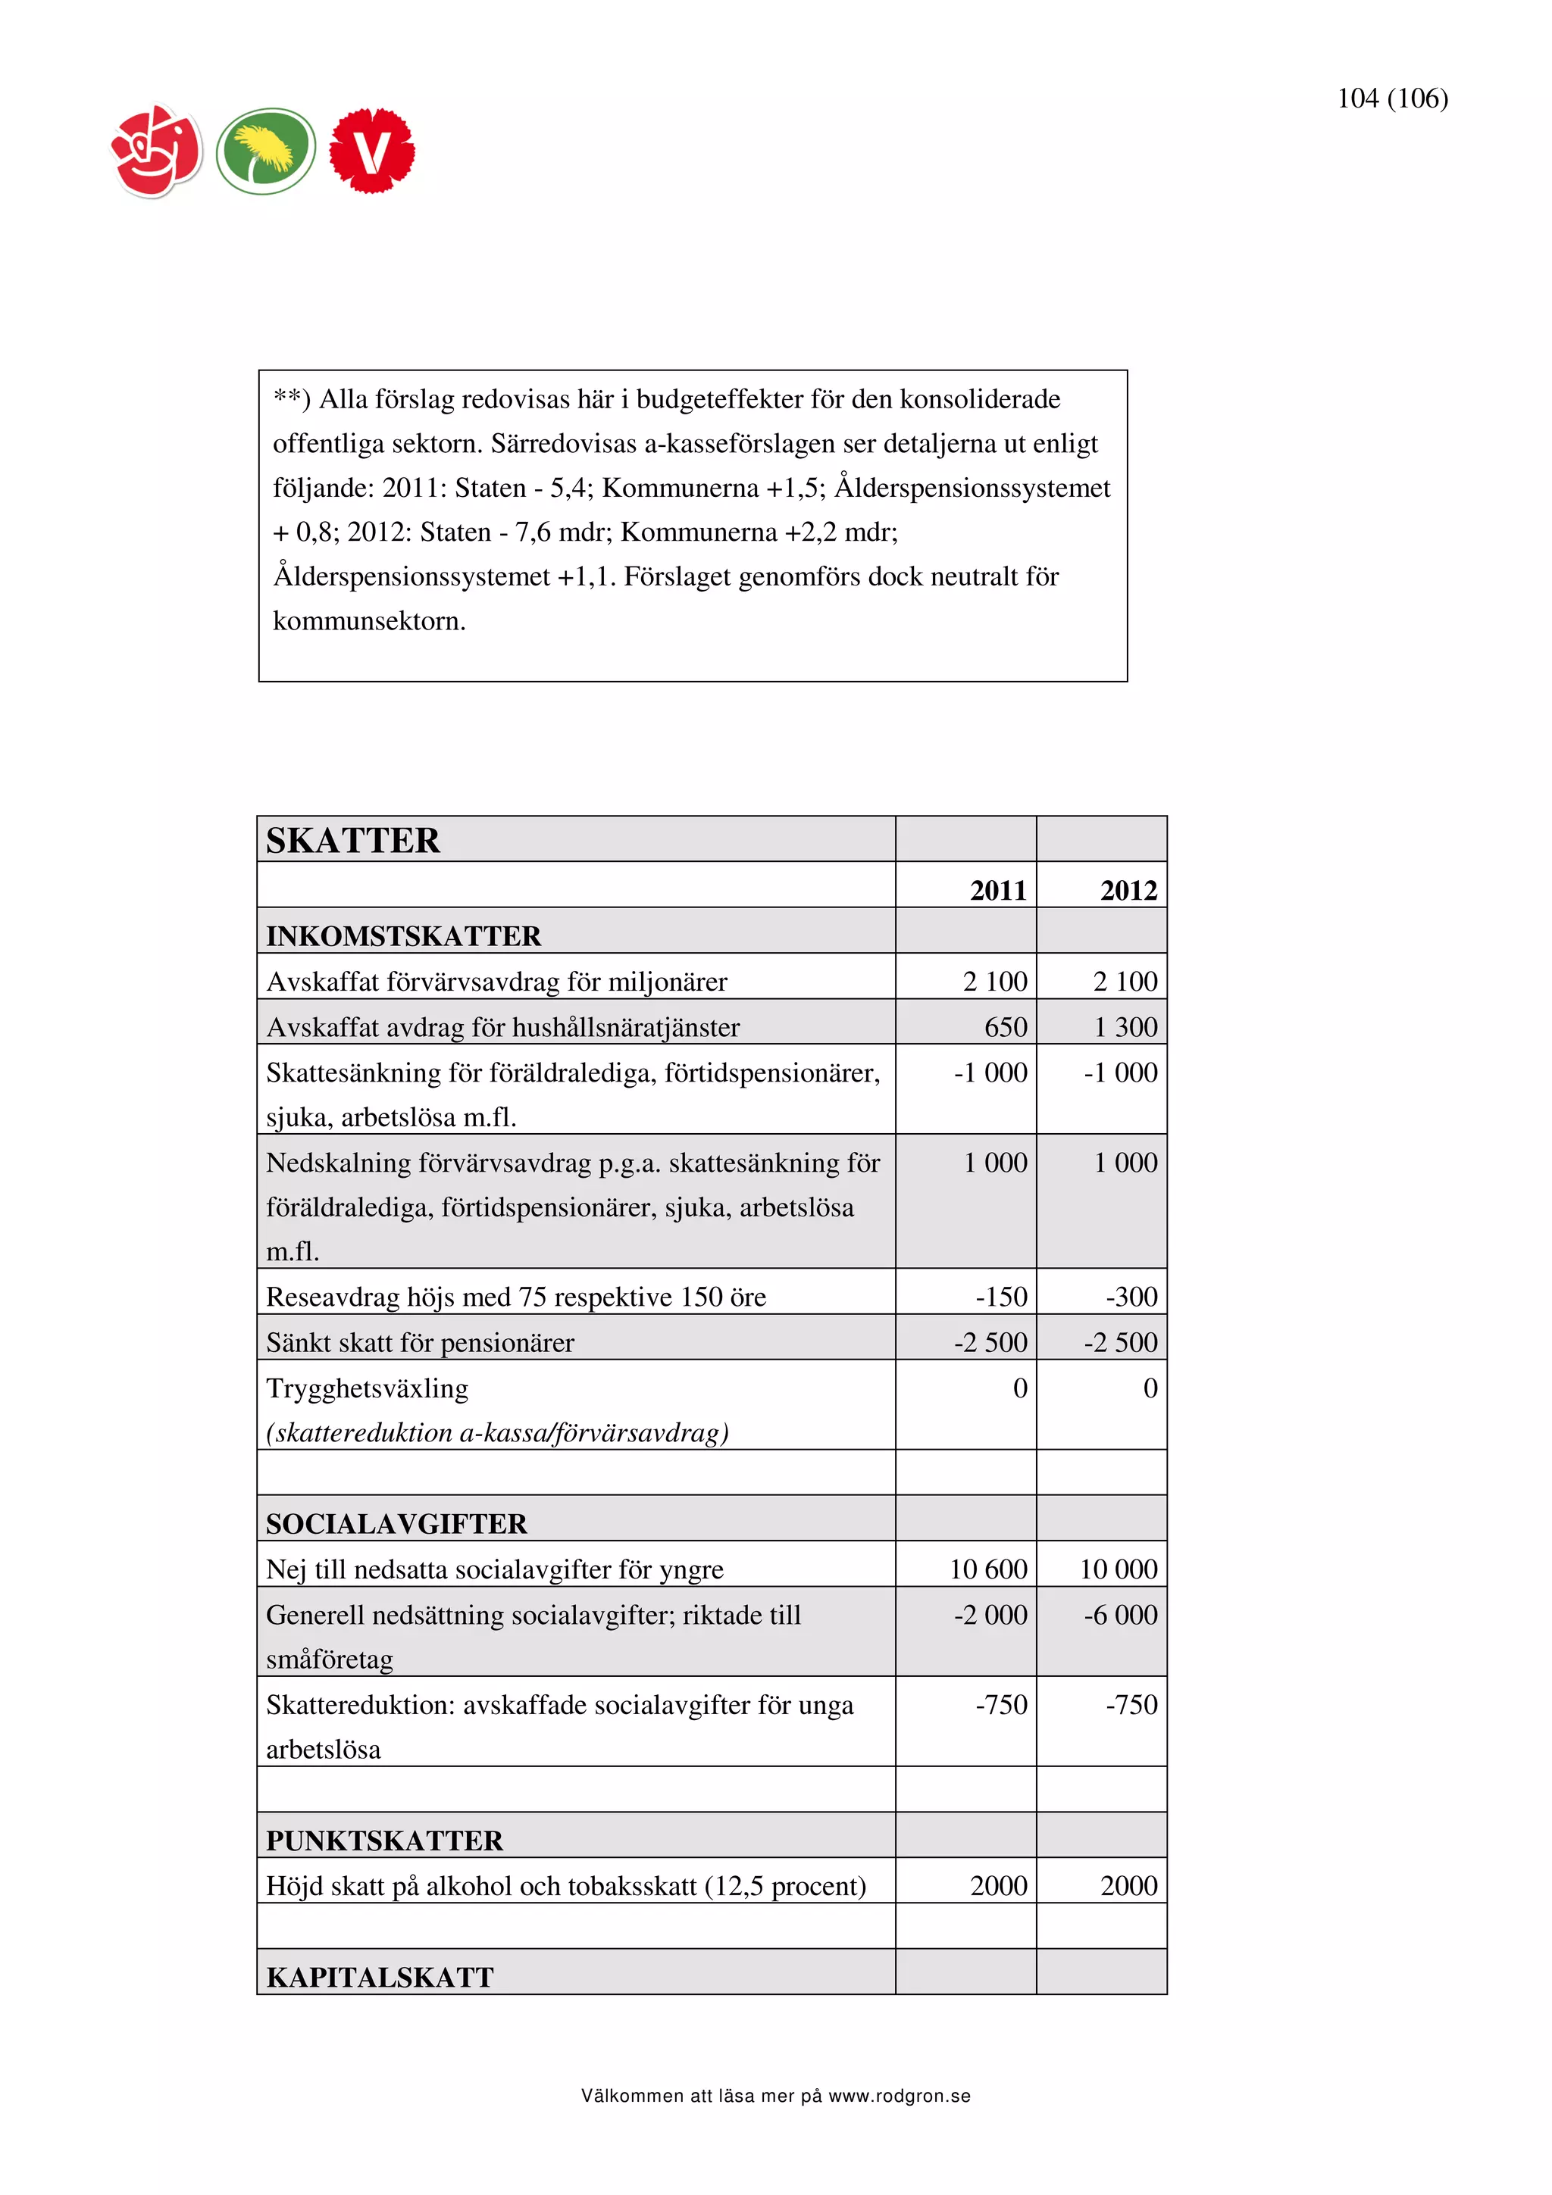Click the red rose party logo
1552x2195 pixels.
[x=157, y=151]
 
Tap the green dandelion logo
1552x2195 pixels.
[x=265, y=151]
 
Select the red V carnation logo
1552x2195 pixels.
[x=372, y=151]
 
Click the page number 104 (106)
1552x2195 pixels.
[x=1391, y=98]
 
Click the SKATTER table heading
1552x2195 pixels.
[x=353, y=840]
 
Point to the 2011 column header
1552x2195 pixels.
[x=997, y=890]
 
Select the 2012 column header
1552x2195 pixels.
[x=1128, y=890]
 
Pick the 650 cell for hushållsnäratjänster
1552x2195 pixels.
[x=1005, y=1027]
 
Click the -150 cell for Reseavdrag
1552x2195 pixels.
[x=1000, y=1297]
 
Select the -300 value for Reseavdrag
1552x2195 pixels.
[x=1131, y=1297]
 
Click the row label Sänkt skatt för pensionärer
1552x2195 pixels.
[x=420, y=1342]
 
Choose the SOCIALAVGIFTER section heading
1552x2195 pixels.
[x=396, y=1524]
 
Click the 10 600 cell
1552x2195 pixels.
[x=988, y=1569]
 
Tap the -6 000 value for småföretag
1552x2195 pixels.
[x=1120, y=1615]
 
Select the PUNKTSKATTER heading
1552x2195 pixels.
[x=384, y=1841]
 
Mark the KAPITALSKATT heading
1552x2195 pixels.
[x=380, y=1977]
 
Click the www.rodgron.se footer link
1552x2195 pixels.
[x=899, y=2097]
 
